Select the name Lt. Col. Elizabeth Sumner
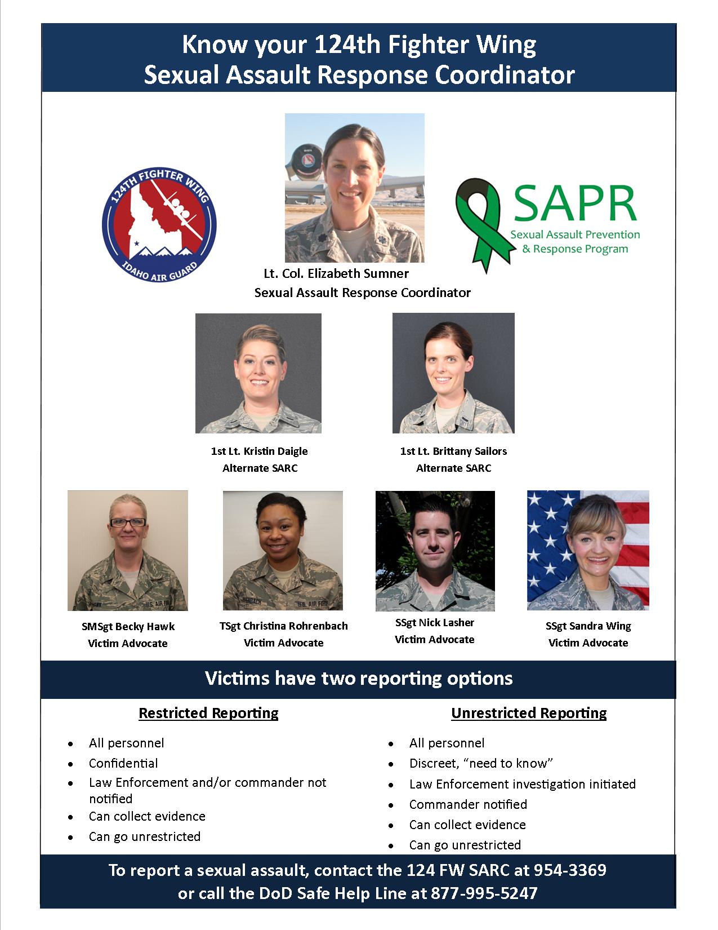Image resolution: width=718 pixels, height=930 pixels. (336, 273)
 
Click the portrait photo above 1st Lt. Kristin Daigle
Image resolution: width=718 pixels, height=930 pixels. (258, 373)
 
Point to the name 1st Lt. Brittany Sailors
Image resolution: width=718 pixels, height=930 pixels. (453, 451)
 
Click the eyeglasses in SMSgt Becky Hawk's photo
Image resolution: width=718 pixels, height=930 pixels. (128, 522)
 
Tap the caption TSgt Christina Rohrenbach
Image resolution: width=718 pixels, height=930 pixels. (283, 626)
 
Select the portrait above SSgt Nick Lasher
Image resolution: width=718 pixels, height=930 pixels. (435, 551)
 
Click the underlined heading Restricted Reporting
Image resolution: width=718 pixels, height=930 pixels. (208, 713)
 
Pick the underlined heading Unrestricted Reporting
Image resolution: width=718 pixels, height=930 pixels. (529, 713)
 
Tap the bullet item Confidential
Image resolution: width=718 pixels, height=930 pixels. (123, 763)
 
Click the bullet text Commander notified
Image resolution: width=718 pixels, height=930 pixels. (468, 804)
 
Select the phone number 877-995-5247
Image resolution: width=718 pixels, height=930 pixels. (484, 893)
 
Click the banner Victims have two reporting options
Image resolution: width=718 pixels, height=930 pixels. (359, 677)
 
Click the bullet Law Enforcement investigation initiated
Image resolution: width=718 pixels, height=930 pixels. (522, 784)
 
